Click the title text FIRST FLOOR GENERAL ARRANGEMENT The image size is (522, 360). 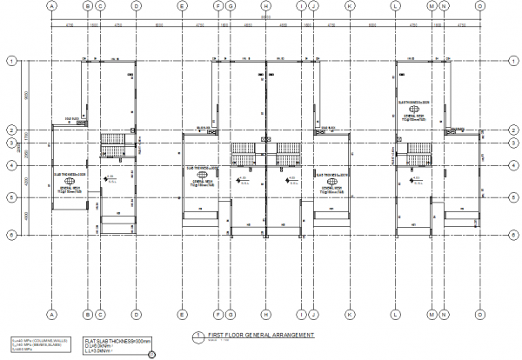[x=251, y=335]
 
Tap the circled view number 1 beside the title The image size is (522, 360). [x=198, y=336]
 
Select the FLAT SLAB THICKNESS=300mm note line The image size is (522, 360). [x=117, y=340]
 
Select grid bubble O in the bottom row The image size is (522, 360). [x=479, y=315]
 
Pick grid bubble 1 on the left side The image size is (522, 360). [x=10, y=61]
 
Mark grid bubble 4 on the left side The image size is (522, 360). [x=10, y=165]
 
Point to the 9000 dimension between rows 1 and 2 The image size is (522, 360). [x=26, y=95]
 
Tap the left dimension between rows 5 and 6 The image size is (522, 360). [x=26, y=217]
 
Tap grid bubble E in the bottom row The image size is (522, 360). [x=181, y=315]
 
